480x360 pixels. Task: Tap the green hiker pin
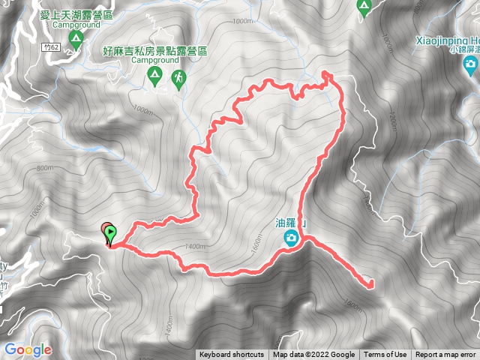click(178, 78)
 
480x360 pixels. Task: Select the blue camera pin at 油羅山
click(291, 238)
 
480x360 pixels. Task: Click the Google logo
click(27, 349)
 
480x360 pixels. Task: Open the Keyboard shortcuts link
click(231, 355)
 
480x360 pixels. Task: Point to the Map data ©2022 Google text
click(313, 355)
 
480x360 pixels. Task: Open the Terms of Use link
click(385, 355)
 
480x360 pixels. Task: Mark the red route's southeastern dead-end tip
click(371, 284)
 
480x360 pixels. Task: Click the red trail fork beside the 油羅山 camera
click(305, 238)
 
